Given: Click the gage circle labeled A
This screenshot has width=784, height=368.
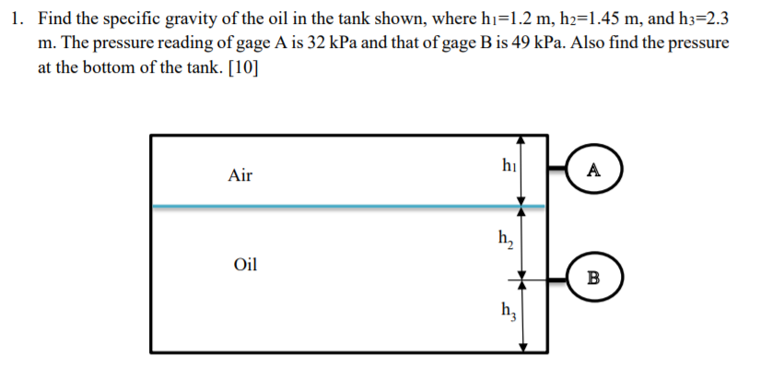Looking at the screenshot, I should pos(593,170).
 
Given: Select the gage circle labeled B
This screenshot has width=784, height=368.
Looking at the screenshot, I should pos(593,277).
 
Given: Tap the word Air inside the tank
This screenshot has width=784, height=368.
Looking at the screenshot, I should pos(240,175).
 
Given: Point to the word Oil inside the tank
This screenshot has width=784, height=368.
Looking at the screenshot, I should pos(245,265).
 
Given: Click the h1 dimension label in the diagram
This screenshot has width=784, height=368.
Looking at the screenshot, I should pos(507,166).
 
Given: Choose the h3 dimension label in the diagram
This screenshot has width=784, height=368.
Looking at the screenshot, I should pos(507,309).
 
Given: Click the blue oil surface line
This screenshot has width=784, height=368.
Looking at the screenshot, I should pos(341,207).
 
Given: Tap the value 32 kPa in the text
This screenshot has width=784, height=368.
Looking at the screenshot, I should pos(314,44).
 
